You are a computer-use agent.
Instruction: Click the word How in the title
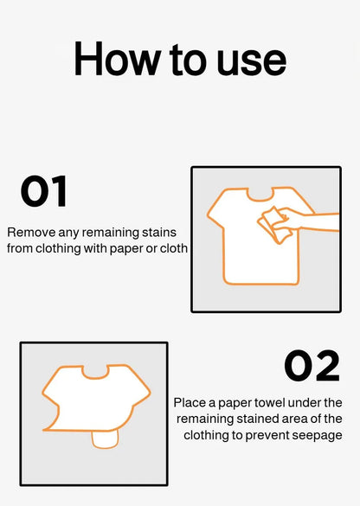pos(114,59)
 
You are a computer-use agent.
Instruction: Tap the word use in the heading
pos(249,59)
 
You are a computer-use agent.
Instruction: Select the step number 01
pos(43,192)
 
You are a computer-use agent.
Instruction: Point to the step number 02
pos(312,367)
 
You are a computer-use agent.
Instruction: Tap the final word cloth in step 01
pos(173,248)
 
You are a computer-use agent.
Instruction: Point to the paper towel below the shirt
pos(104,439)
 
